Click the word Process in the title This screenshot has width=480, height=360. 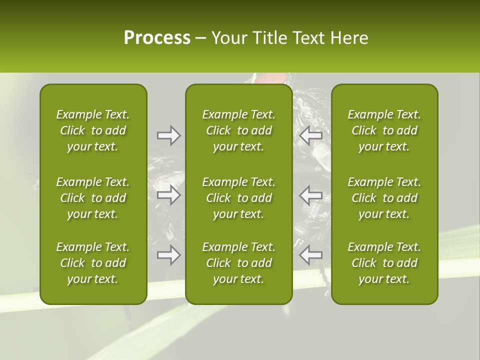point(157,38)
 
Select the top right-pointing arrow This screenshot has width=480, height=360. point(168,135)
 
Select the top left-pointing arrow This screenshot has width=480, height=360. point(310,135)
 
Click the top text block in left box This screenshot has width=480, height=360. point(93,130)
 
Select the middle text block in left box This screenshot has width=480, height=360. point(93,198)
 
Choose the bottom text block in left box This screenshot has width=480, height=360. point(93,263)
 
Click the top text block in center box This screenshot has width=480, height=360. point(238,130)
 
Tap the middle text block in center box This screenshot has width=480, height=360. point(238,198)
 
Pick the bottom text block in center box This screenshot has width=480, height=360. point(238,263)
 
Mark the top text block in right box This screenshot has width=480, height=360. point(384,130)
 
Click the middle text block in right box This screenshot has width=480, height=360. point(384,198)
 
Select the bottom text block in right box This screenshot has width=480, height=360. point(384,263)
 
